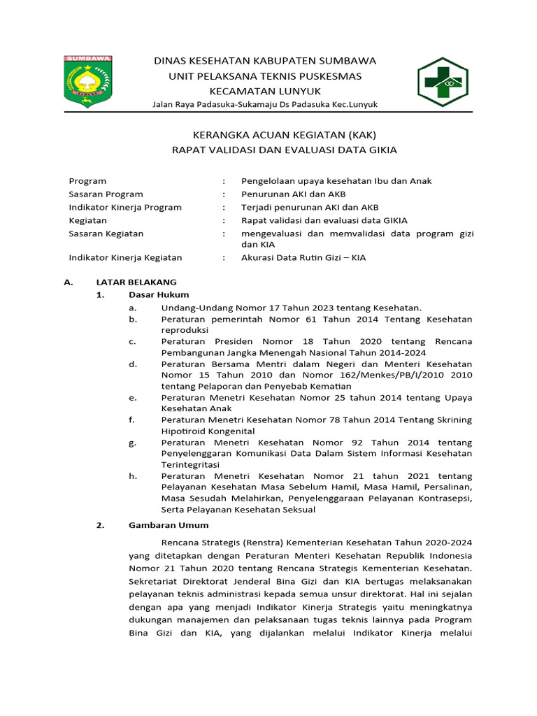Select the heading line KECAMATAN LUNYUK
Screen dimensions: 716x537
click(x=265, y=91)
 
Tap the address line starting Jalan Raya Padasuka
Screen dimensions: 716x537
click(x=265, y=104)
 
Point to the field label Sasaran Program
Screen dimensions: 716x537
click(x=106, y=194)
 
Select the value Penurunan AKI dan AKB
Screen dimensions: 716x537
click(x=293, y=194)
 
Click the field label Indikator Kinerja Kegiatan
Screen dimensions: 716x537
click(x=125, y=257)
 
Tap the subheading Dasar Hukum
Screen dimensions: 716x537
click(x=158, y=294)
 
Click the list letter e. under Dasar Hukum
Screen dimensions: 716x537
click(x=133, y=397)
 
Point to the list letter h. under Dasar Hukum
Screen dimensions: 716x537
click(x=133, y=475)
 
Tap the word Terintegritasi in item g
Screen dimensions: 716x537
click(x=190, y=464)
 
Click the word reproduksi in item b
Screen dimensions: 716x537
click(x=185, y=330)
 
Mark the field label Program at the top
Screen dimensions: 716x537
click(x=87, y=180)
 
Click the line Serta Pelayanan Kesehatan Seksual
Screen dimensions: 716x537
click(x=238, y=509)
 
